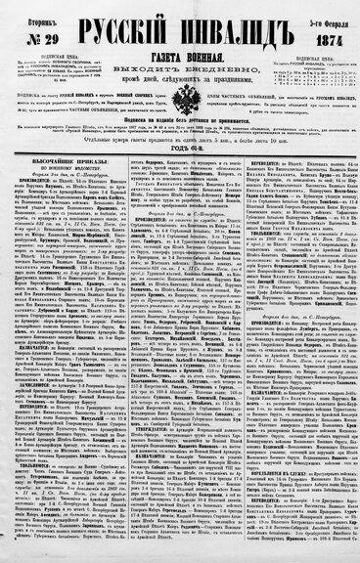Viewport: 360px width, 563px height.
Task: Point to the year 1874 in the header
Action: [320, 34]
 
